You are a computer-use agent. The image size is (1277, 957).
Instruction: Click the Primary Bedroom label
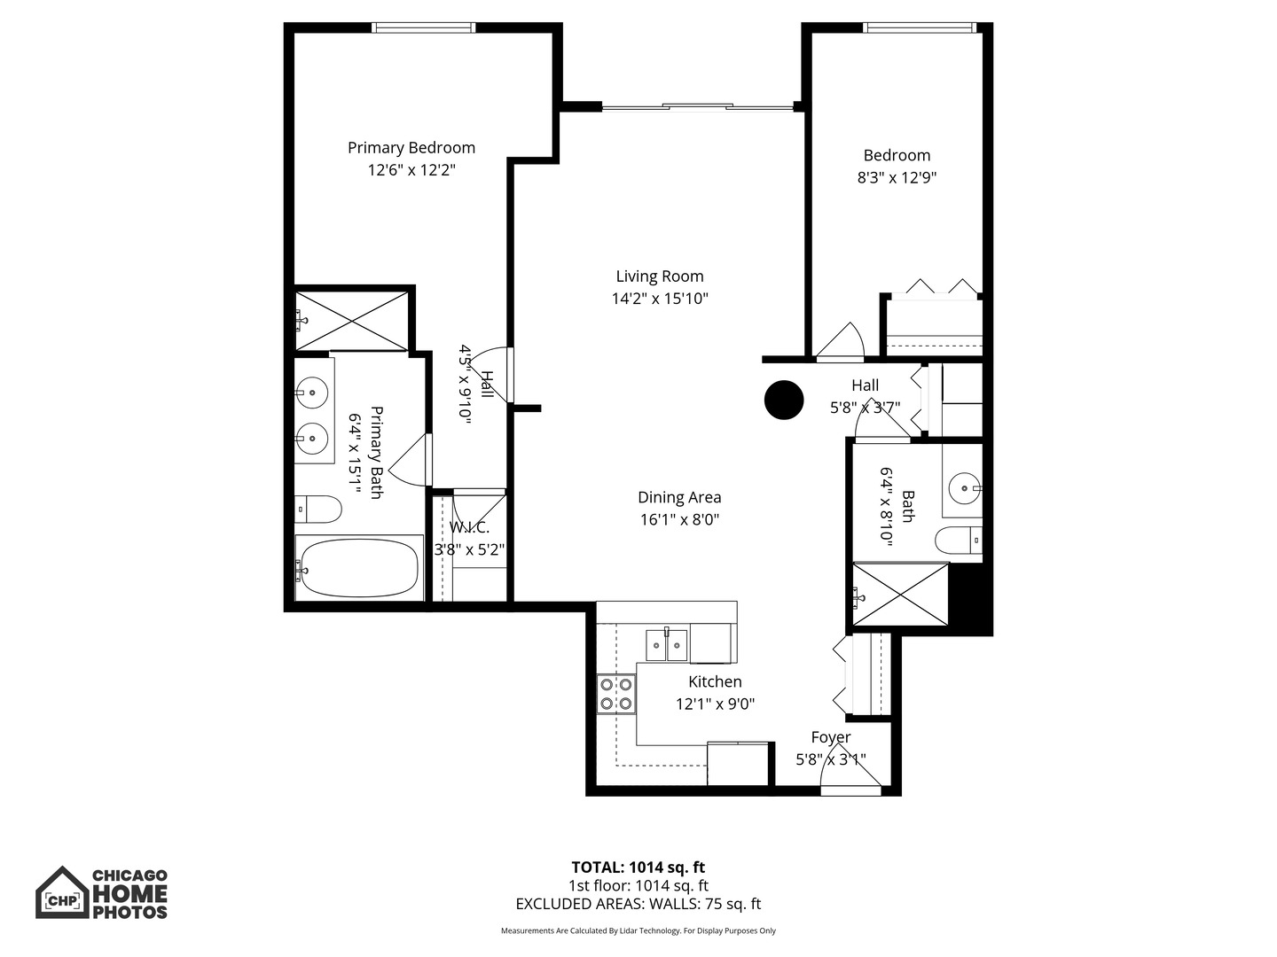pyautogui.click(x=411, y=148)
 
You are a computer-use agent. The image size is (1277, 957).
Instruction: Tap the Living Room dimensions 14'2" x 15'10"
pyautogui.click(x=660, y=299)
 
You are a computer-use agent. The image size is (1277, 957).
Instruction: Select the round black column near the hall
pyautogui.click(x=784, y=400)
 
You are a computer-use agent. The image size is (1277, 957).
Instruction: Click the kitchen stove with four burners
pyautogui.click(x=616, y=694)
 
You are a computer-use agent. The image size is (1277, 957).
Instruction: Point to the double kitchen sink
pyautogui.click(x=667, y=644)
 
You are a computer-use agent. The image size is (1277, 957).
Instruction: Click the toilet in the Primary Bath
pyautogui.click(x=317, y=510)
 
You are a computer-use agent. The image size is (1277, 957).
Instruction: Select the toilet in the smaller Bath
pyautogui.click(x=959, y=541)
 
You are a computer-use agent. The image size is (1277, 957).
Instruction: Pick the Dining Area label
pyautogui.click(x=679, y=497)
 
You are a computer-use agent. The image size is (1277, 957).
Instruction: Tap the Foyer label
pyautogui.click(x=831, y=737)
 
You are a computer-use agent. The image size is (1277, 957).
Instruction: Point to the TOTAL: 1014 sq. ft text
pyautogui.click(x=638, y=868)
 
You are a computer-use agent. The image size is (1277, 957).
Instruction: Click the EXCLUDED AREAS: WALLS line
pyautogui.click(x=638, y=904)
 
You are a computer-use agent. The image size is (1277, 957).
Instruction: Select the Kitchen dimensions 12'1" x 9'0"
pyautogui.click(x=715, y=704)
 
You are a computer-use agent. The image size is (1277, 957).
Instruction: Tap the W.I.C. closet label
pyautogui.click(x=469, y=528)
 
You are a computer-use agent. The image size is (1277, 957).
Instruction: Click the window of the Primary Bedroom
pyautogui.click(x=424, y=27)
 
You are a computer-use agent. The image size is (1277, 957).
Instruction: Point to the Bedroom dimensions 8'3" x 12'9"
pyautogui.click(x=897, y=178)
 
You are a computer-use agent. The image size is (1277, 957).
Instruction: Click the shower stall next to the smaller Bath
pyautogui.click(x=900, y=595)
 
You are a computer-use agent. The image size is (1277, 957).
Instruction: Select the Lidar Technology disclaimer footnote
pyautogui.click(x=638, y=930)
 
